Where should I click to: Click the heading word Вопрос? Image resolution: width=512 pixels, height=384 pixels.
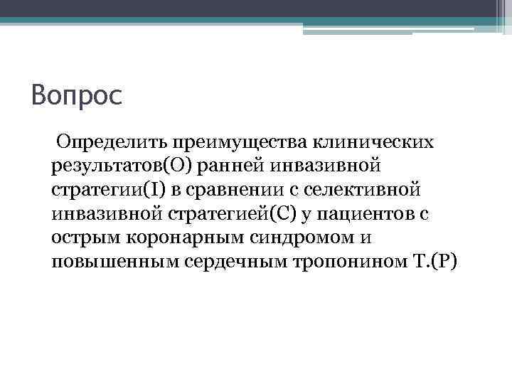[77, 94]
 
